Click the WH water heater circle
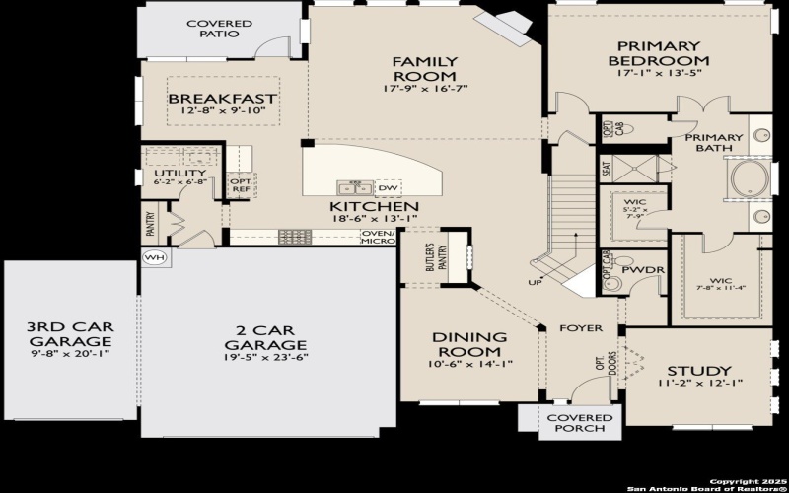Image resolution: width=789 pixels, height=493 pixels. point(154,257)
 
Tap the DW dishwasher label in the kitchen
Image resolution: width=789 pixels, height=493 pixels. point(388,187)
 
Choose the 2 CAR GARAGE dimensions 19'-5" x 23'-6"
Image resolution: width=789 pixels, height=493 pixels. point(265,358)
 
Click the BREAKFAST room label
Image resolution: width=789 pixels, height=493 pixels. point(222,99)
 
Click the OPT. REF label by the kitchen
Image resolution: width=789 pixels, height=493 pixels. point(242,185)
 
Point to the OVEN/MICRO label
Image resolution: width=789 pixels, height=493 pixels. point(378,238)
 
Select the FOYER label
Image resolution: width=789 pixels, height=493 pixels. point(580,328)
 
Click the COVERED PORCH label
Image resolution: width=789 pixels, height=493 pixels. point(579,424)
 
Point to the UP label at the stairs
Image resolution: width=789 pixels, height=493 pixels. point(536,282)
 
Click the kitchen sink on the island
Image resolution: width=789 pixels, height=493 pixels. point(353,187)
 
